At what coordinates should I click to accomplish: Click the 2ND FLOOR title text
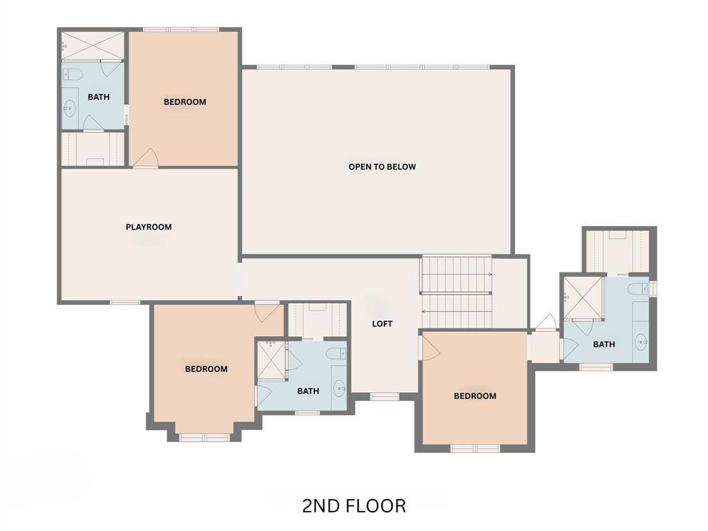[353, 506]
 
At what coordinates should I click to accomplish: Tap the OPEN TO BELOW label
[382, 167]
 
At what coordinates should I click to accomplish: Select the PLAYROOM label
[149, 227]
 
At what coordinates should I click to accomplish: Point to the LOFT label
[382, 324]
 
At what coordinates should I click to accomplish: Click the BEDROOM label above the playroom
[185, 102]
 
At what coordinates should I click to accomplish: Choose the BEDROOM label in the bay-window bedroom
[206, 369]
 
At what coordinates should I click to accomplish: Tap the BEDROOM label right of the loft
[474, 396]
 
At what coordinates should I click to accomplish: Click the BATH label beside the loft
[308, 391]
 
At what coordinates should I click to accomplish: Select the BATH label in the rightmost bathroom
[604, 344]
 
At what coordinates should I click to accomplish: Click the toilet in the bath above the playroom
[73, 74]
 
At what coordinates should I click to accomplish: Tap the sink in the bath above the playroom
[69, 108]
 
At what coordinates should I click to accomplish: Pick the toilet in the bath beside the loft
[336, 355]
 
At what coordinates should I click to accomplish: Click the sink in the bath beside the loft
[339, 389]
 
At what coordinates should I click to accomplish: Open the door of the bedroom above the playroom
[145, 159]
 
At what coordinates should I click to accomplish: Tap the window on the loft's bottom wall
[384, 396]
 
